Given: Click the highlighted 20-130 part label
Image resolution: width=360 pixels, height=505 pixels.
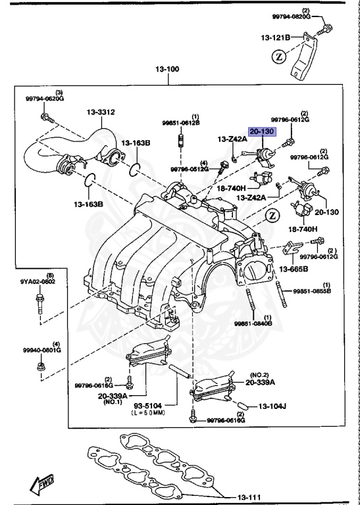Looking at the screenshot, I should pos(263,131).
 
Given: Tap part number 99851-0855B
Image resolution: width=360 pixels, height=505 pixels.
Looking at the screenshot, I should pos(313,290).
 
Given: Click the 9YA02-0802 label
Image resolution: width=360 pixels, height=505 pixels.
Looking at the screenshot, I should pos(37,281).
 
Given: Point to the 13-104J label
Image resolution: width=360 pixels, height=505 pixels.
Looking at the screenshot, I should pos(272,406).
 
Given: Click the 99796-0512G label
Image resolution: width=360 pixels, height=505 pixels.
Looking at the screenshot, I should pos(190,169).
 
